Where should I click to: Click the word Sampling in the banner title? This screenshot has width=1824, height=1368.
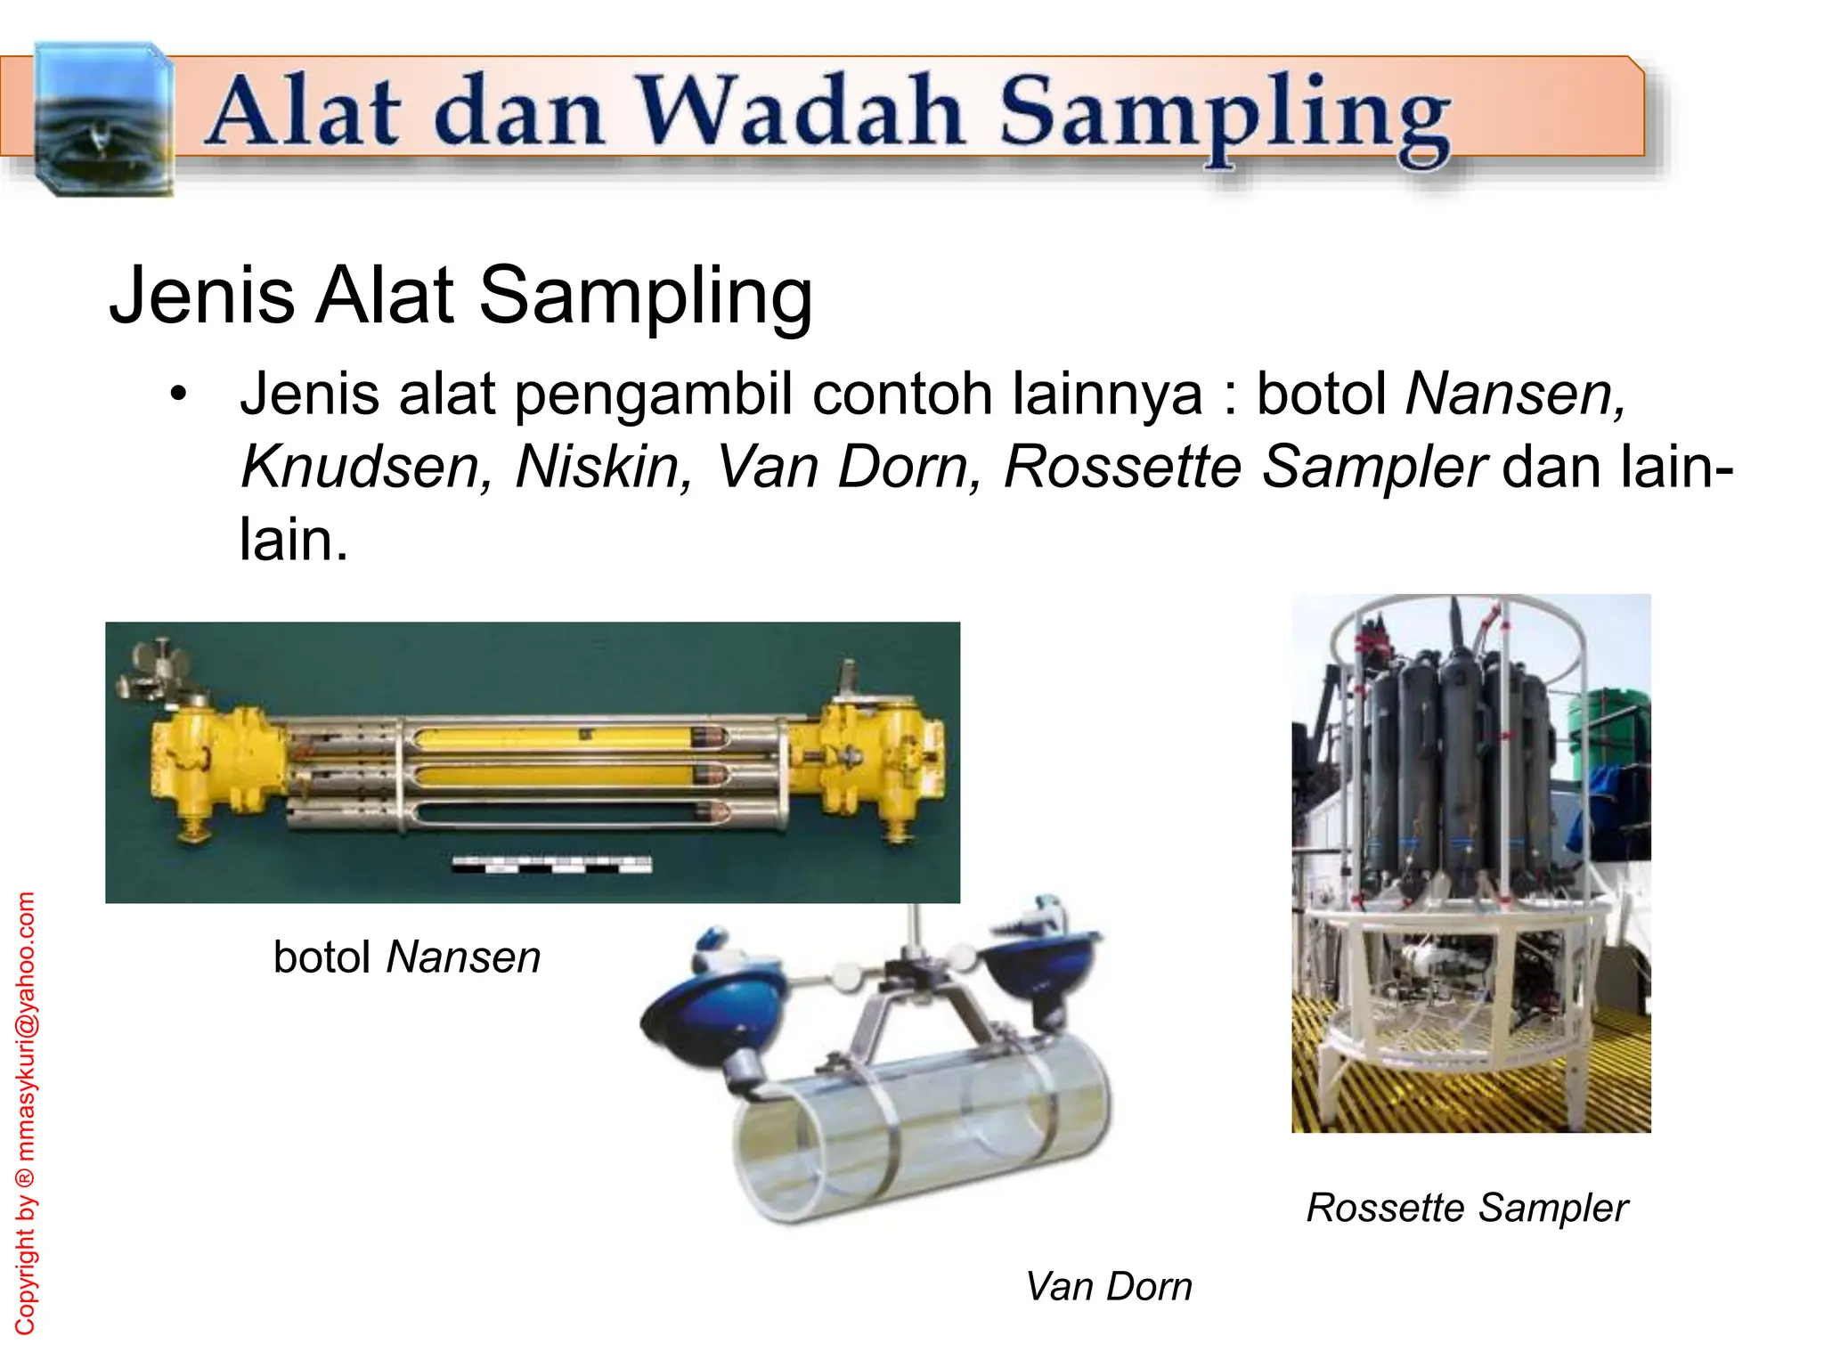(x=1225, y=116)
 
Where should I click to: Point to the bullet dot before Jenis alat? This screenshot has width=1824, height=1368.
(x=180, y=395)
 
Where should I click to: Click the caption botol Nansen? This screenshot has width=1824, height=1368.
(x=407, y=958)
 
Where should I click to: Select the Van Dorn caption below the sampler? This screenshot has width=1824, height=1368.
(x=1108, y=1287)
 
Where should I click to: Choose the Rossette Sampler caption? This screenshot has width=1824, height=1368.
(x=1467, y=1209)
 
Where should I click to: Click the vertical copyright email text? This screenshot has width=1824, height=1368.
(x=27, y=1113)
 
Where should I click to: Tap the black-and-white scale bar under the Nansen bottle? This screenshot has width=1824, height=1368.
(x=551, y=864)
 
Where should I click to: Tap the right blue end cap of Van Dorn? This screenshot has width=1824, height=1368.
(x=1038, y=957)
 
